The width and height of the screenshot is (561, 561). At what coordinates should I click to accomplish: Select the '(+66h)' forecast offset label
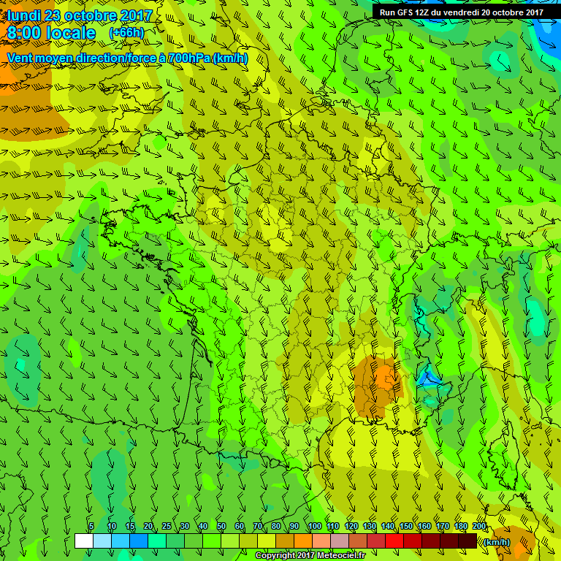tap(126, 33)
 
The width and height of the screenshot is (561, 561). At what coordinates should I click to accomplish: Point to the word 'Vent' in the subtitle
tap(21, 58)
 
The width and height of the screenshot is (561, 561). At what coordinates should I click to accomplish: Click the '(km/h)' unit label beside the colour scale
tap(497, 541)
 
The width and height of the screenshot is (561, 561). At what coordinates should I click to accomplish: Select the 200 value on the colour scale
tap(479, 527)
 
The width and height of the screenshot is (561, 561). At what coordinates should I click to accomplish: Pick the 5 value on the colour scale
tap(91, 527)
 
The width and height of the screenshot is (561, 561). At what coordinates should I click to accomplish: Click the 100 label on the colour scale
tap(315, 527)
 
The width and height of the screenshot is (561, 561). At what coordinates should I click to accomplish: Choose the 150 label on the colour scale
tap(406, 527)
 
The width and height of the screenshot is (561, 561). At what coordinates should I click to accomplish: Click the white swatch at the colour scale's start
tap(83, 541)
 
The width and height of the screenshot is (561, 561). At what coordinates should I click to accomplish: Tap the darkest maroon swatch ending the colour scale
tap(467, 541)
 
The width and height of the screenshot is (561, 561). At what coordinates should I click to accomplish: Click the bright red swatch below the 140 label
tap(393, 541)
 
